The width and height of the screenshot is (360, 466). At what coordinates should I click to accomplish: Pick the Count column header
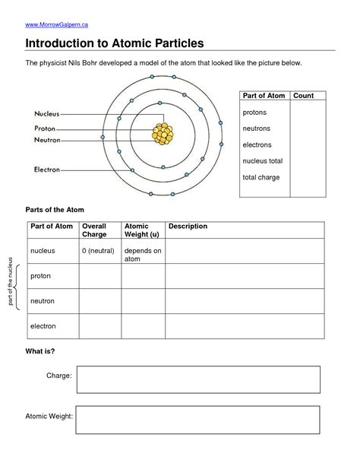coord(304,96)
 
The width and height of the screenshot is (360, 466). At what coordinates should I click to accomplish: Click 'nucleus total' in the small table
coord(263,161)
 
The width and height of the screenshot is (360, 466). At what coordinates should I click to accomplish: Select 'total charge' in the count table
coord(261,177)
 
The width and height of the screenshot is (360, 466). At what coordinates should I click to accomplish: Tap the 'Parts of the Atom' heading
coord(55,209)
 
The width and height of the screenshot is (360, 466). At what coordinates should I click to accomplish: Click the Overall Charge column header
coord(94,230)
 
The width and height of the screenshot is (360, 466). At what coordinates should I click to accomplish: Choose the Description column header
coord(188,227)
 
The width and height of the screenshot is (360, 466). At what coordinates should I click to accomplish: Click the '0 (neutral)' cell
coord(97,250)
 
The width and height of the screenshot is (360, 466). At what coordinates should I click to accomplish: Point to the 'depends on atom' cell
coord(143,254)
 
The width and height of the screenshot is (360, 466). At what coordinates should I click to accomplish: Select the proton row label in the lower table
coord(40,276)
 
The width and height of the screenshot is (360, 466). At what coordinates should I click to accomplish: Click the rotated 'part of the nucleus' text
coord(11,282)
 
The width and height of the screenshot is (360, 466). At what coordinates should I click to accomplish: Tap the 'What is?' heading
coord(40,351)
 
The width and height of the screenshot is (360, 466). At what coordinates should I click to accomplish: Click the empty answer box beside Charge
coord(197,379)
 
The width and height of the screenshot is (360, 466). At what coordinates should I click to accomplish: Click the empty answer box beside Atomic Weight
coord(197,420)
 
